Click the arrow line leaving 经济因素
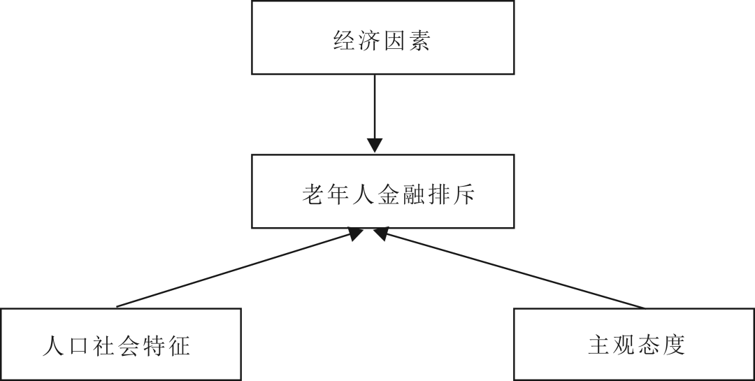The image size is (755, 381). tap(375, 105)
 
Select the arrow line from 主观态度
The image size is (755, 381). tap(517, 271)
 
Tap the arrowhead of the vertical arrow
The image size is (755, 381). tap(375, 145)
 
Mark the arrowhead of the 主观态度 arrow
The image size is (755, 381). tap(381, 233)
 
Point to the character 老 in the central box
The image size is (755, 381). tap(312, 194)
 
